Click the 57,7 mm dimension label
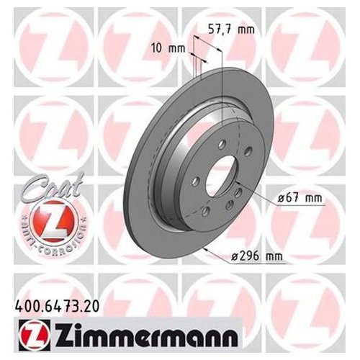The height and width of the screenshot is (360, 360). (231, 30)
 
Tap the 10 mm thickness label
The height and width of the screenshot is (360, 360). (168, 49)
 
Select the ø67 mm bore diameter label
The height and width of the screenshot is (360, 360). (300, 198)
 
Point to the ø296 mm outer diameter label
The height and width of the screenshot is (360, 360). (256, 256)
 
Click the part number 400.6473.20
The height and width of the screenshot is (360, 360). (57, 307)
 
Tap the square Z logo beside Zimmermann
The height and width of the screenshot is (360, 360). (34, 335)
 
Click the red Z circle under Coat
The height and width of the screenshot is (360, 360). (53, 221)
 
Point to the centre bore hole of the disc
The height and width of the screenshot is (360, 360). (221, 176)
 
